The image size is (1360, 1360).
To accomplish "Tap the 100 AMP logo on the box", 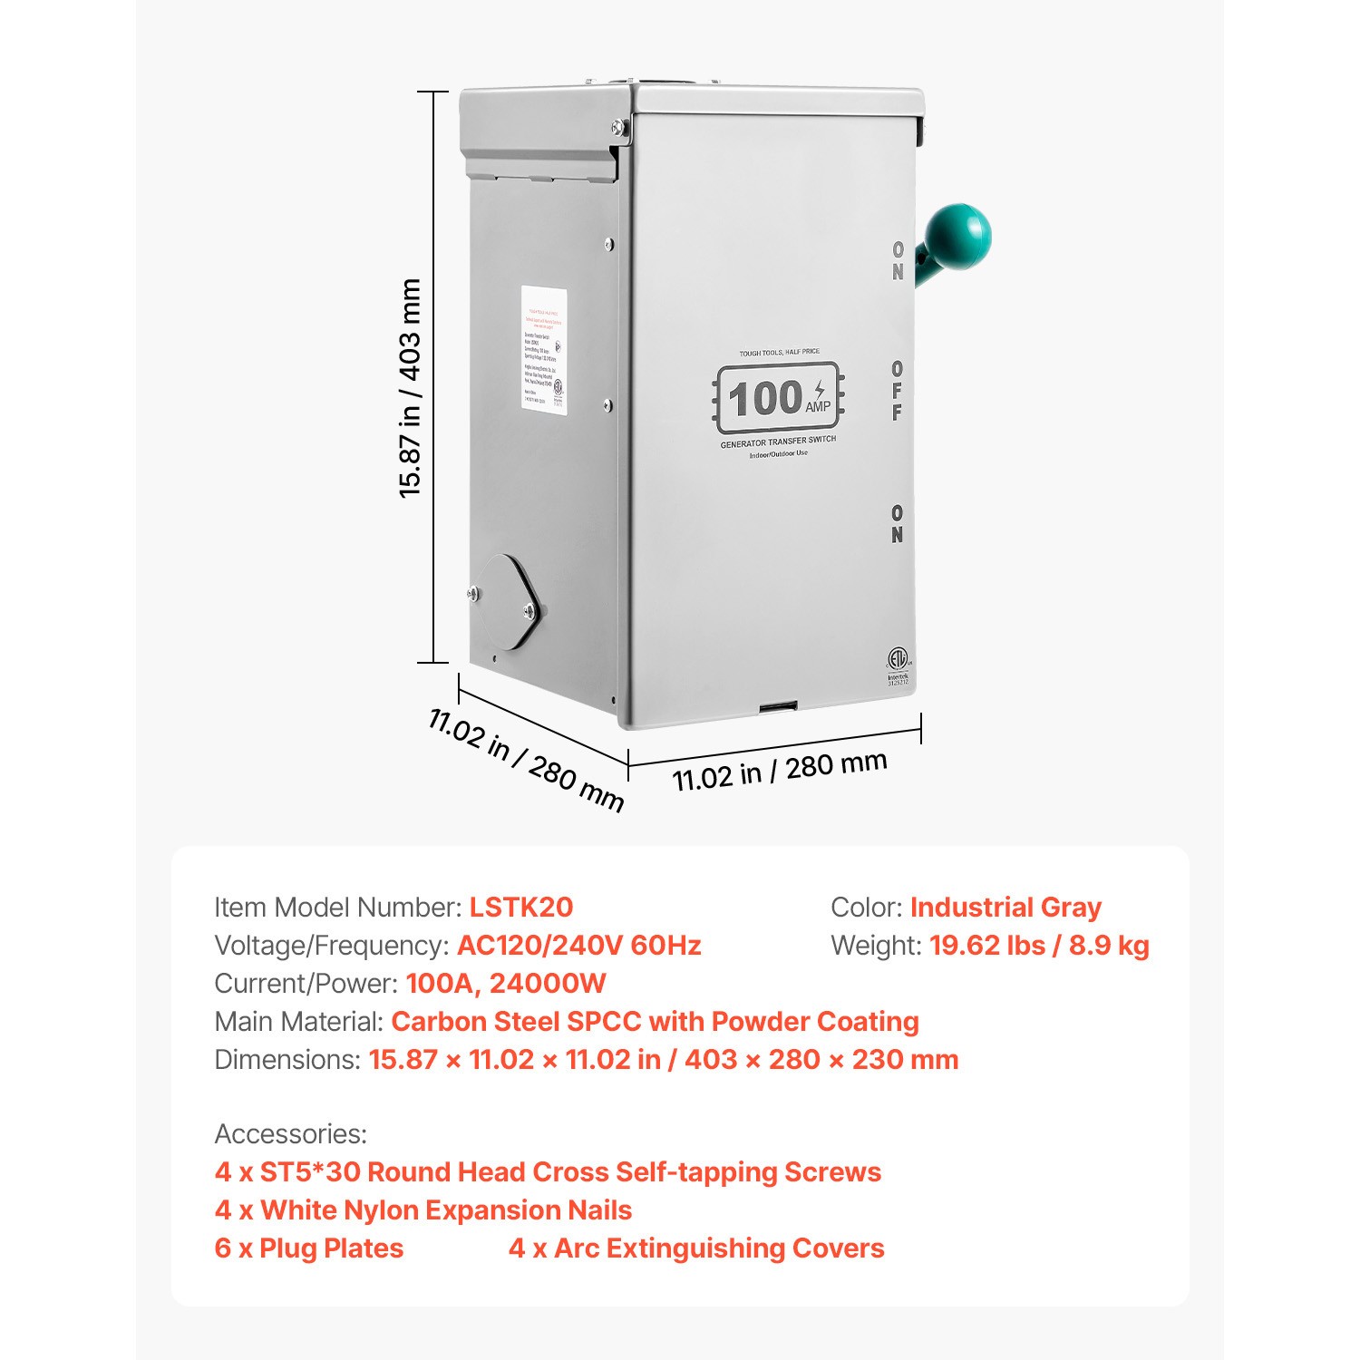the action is click(779, 399).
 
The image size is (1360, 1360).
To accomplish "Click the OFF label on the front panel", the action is click(897, 391).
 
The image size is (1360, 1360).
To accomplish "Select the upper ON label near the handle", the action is click(898, 260).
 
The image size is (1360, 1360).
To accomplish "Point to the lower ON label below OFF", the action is click(897, 524).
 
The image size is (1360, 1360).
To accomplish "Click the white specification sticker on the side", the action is click(544, 351).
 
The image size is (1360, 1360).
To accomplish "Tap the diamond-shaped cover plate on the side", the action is click(509, 602).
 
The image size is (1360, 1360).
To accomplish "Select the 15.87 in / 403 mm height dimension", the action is click(410, 388).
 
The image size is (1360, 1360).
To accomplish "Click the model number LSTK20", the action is click(520, 908).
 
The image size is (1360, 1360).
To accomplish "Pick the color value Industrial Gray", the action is click(1005, 908).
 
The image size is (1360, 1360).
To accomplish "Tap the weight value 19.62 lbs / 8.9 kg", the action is click(1039, 946).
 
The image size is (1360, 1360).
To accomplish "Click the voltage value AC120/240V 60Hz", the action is click(578, 946).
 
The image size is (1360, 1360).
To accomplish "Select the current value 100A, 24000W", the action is click(506, 984).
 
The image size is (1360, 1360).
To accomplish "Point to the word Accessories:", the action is click(290, 1134).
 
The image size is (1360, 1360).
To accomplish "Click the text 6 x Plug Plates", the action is click(308, 1248).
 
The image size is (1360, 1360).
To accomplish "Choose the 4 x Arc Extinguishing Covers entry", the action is click(695, 1248).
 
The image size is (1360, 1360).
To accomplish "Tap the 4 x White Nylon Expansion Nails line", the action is click(423, 1210).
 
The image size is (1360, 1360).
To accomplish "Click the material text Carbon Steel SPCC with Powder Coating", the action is click(655, 1022).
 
